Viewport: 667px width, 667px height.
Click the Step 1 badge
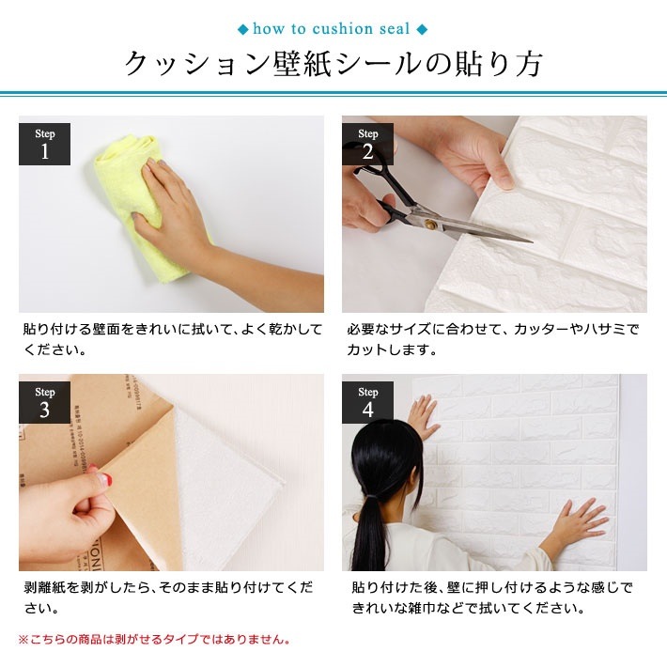click(x=44, y=144)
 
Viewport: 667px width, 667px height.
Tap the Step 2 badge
click(x=367, y=144)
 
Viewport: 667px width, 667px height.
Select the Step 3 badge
click(x=44, y=402)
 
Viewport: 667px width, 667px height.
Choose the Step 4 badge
click(x=367, y=402)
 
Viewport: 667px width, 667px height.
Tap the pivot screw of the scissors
click(x=430, y=224)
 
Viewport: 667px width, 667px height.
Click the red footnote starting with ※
click(x=154, y=640)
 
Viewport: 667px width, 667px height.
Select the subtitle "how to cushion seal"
click(x=333, y=29)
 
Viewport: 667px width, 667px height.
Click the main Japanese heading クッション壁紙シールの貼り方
click(x=333, y=65)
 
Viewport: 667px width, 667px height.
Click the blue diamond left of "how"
click(x=243, y=29)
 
